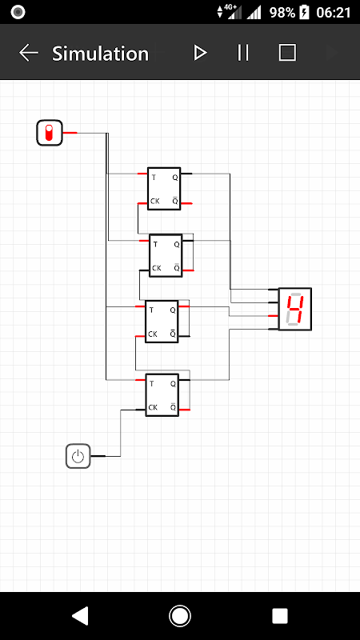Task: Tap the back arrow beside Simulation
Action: coord(29,53)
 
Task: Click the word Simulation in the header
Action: coord(101,54)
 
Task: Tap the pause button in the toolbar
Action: coord(243,53)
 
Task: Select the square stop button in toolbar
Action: coord(287,53)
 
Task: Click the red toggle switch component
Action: coord(50,133)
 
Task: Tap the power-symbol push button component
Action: coord(78,456)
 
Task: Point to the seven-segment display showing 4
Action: coord(295,309)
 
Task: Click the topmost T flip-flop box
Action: coord(164,189)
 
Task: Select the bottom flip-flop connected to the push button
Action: coord(162,394)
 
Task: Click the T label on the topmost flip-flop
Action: coord(154,178)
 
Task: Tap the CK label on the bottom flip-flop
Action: coord(153,407)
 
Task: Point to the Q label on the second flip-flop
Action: coord(177,245)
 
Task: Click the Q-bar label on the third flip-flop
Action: coord(173,334)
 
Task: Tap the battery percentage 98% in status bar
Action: coord(282,13)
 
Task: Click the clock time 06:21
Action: coord(334,13)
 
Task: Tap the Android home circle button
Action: coord(179,616)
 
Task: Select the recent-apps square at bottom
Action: coord(280,616)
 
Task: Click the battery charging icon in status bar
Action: coord(305,13)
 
